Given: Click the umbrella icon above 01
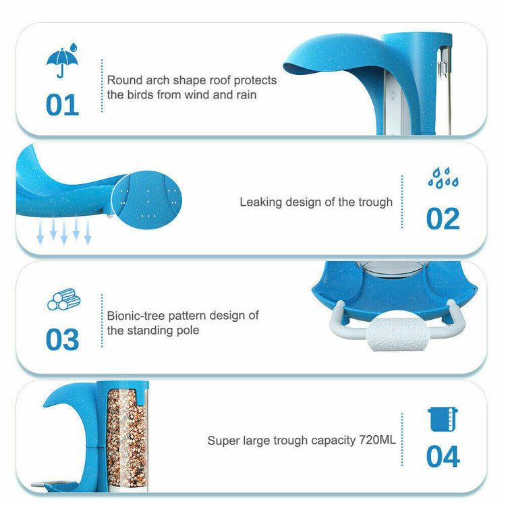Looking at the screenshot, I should pyautogui.click(x=62, y=61).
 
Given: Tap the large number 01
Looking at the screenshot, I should pyautogui.click(x=62, y=105).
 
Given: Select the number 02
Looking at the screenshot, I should pyautogui.click(x=443, y=219).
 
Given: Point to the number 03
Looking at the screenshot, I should pyautogui.click(x=62, y=340).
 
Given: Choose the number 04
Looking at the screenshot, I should pyautogui.click(x=443, y=456).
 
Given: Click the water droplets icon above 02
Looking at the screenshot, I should pyautogui.click(x=443, y=178).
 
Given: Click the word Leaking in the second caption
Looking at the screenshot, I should pyautogui.click(x=261, y=202).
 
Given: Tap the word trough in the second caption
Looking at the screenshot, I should pyautogui.click(x=374, y=202).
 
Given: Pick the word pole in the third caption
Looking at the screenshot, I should pyautogui.click(x=188, y=330).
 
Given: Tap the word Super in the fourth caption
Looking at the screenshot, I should pyautogui.click(x=223, y=441).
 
